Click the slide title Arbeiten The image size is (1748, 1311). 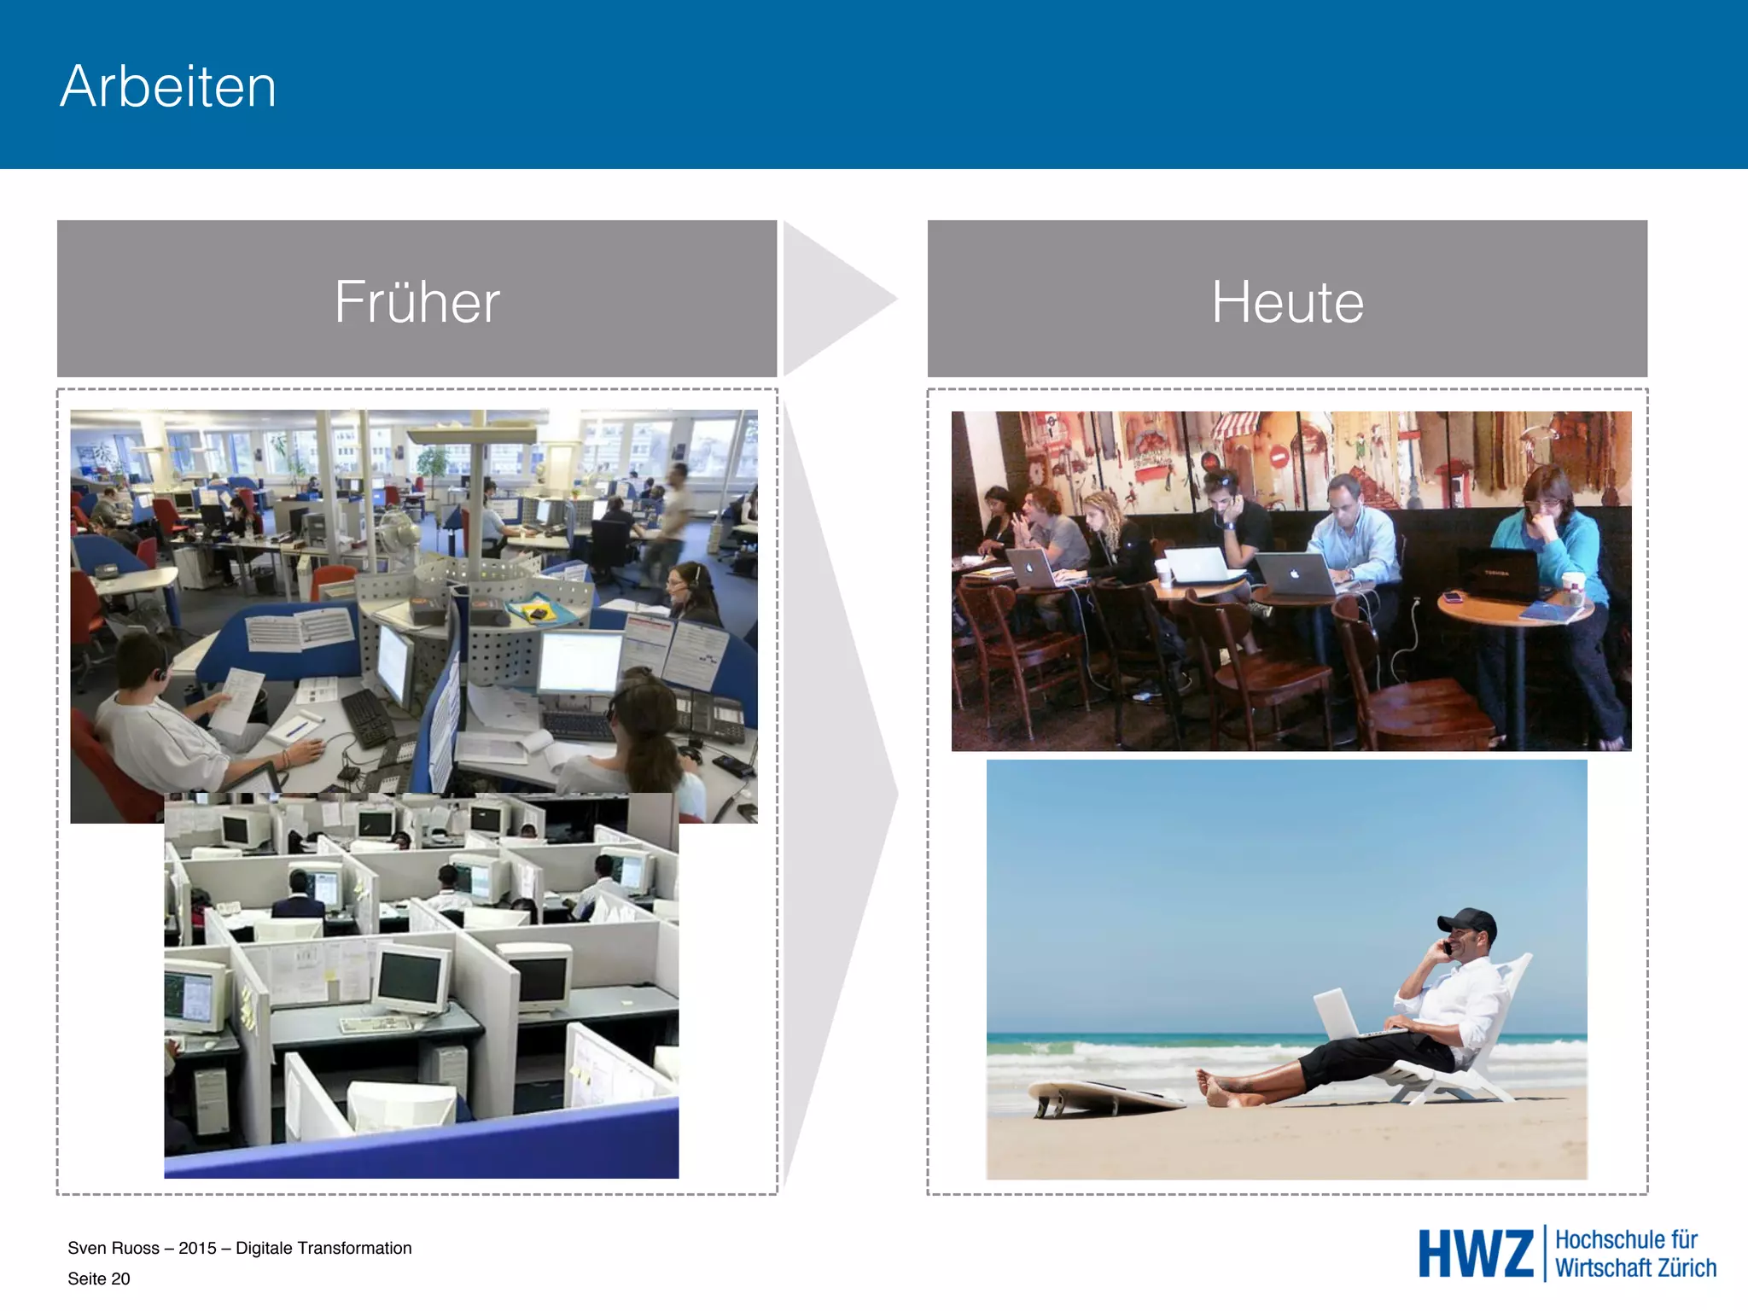click(168, 86)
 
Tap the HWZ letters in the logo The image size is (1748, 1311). click(1475, 1254)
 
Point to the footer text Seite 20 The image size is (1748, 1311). click(99, 1279)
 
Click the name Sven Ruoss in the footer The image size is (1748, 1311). click(114, 1248)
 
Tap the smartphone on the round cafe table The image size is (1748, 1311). click(1453, 597)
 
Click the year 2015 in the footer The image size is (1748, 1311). click(197, 1248)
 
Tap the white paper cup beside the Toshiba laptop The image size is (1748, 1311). click(1572, 589)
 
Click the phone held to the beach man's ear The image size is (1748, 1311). click(1448, 947)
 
